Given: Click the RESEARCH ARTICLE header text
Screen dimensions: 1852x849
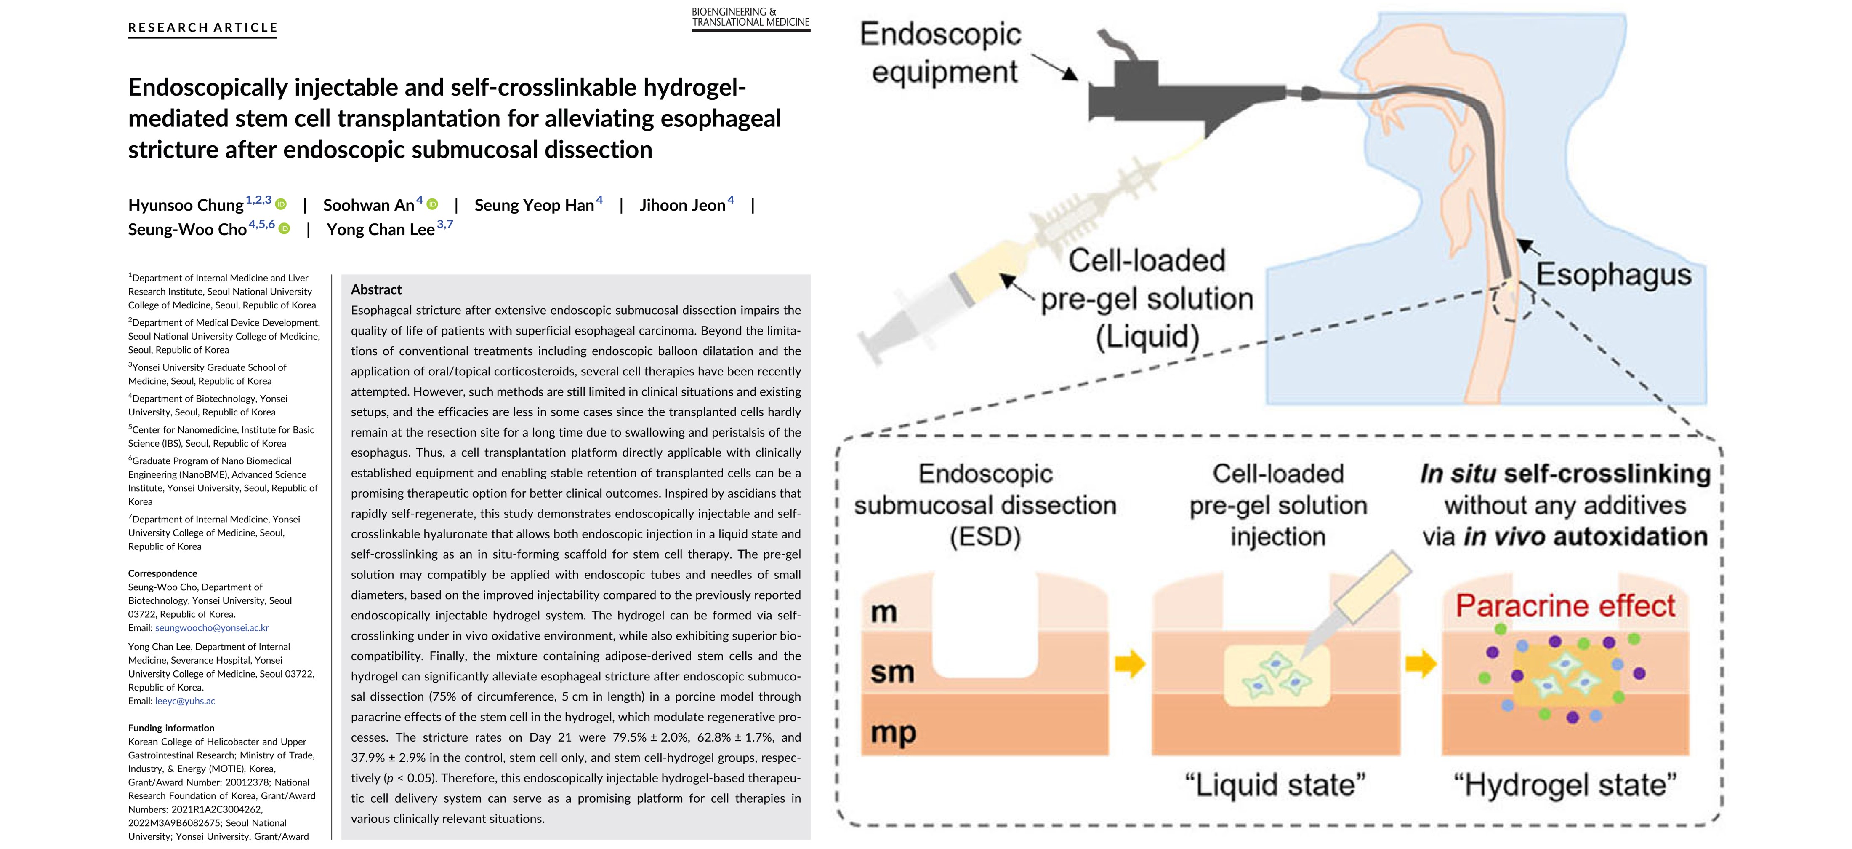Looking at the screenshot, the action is [x=203, y=27].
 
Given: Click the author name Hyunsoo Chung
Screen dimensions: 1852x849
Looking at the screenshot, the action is [x=186, y=205].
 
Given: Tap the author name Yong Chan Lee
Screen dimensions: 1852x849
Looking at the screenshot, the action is [x=381, y=230].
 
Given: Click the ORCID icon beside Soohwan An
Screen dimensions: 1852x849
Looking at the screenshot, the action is [x=432, y=204].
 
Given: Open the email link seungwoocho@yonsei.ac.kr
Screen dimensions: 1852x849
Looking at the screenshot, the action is [x=212, y=627].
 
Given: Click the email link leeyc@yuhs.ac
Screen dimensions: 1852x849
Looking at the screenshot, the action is [x=186, y=701].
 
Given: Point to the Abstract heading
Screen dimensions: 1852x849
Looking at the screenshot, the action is [x=376, y=289].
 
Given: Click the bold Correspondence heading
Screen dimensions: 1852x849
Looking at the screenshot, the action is [x=162, y=573].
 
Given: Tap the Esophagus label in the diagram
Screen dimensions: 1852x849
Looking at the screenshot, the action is [x=1613, y=275].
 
